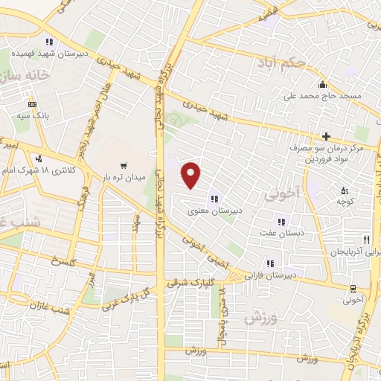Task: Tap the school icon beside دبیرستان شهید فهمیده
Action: click(x=49, y=42)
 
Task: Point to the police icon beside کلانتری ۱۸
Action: click(x=38, y=159)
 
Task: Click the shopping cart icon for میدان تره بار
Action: click(x=123, y=165)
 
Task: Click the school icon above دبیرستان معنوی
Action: click(x=214, y=198)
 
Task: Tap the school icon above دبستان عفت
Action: click(x=281, y=222)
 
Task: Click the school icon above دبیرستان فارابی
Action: click(x=270, y=263)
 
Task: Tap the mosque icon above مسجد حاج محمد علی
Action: click(x=321, y=83)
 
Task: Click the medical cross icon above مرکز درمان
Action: click(x=326, y=135)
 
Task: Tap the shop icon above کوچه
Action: click(x=344, y=190)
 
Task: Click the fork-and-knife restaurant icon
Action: click(x=365, y=240)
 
